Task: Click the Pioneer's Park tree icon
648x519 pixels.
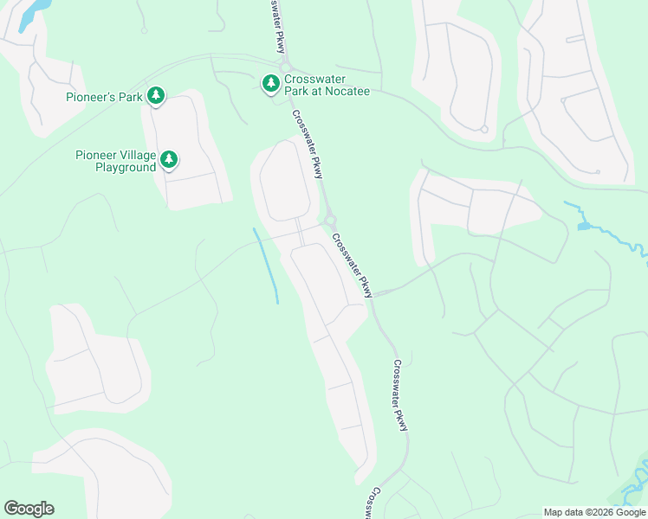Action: pyautogui.click(x=156, y=95)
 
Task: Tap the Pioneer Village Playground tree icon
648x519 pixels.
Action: pyautogui.click(x=170, y=159)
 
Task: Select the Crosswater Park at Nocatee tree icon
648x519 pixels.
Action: pyautogui.click(x=271, y=82)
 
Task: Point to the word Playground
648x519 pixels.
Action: pyautogui.click(x=126, y=167)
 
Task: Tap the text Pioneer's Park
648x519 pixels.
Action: pyautogui.click(x=103, y=97)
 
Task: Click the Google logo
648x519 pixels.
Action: pyautogui.click(x=29, y=509)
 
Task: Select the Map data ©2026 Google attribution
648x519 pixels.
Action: pyautogui.click(x=594, y=512)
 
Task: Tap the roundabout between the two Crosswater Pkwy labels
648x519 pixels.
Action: pyautogui.click(x=330, y=221)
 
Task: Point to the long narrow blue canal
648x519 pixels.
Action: pyautogui.click(x=266, y=265)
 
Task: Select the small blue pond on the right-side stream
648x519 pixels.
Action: pyautogui.click(x=583, y=226)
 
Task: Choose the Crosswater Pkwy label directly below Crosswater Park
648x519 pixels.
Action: pyautogui.click(x=307, y=144)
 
